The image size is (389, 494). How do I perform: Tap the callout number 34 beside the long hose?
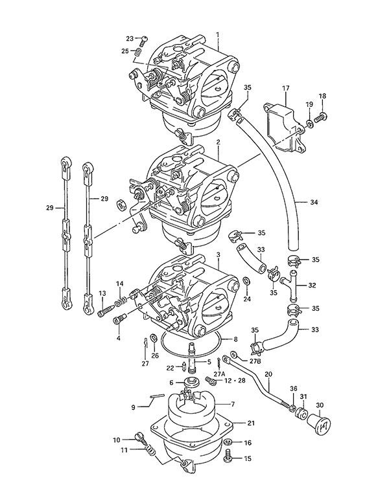click(x=314, y=203)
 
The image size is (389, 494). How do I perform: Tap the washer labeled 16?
click(x=228, y=443)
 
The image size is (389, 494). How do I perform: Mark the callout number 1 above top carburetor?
click(x=218, y=34)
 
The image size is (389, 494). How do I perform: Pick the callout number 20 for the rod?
click(x=268, y=374)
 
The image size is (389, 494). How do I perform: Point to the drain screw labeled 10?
click(x=138, y=437)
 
